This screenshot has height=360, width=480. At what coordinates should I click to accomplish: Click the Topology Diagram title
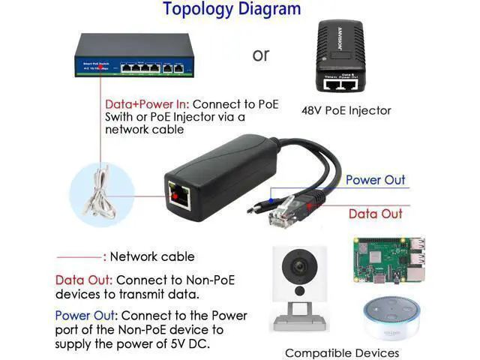click(x=232, y=10)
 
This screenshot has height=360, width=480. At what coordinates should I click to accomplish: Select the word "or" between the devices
click(x=260, y=55)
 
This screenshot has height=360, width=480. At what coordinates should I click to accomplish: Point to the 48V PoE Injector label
click(x=346, y=110)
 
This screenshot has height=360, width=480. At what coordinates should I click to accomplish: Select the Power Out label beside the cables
click(x=375, y=180)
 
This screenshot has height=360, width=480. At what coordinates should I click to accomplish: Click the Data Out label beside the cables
click(x=375, y=214)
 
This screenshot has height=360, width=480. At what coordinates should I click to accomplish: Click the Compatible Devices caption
click(x=342, y=352)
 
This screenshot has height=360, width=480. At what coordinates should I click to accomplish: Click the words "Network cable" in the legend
click(x=152, y=256)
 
